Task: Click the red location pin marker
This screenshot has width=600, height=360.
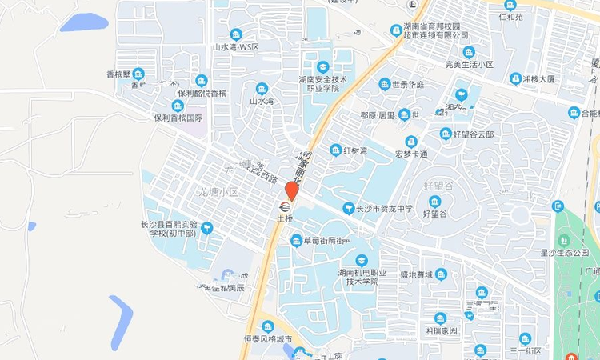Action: (291, 192)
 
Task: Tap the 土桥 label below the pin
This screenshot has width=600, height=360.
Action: (285, 218)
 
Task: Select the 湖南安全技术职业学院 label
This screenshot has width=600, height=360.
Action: (323, 84)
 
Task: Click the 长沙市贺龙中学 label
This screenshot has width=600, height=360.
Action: (384, 209)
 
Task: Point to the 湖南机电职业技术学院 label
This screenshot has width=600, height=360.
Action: (362, 277)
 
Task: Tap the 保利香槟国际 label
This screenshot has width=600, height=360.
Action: (178, 118)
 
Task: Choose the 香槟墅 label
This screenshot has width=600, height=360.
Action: (118, 74)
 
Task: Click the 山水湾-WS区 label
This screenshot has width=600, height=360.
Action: (235, 47)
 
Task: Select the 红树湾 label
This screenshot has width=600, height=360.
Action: (354, 150)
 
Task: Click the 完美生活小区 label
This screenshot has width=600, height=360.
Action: (469, 64)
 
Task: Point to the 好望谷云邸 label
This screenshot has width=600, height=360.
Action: (473, 134)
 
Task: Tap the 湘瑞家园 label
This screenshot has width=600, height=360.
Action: (441, 330)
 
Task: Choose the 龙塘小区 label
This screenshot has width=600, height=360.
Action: (218, 192)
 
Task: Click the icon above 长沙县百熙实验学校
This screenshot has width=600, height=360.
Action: (207, 228)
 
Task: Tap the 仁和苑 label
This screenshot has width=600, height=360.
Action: (510, 16)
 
